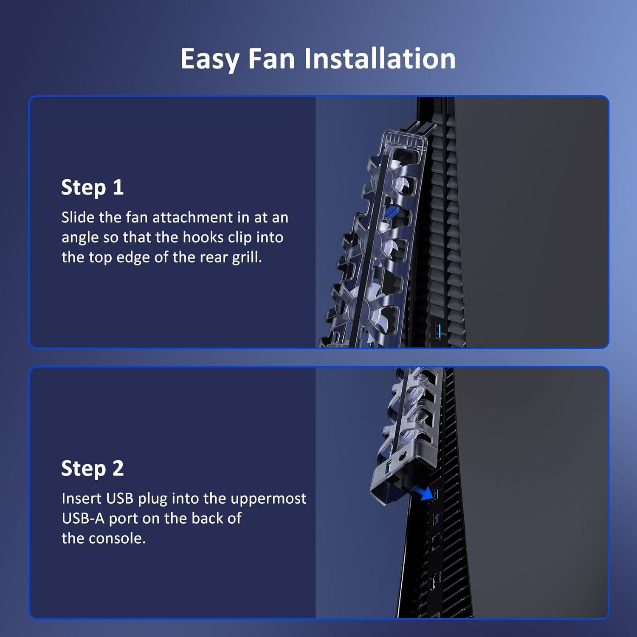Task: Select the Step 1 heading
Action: pyautogui.click(x=92, y=188)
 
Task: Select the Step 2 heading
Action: pyautogui.click(x=92, y=469)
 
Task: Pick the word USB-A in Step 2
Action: pyautogui.click(x=83, y=518)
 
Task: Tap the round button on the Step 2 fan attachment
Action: pyautogui.click(x=402, y=457)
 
